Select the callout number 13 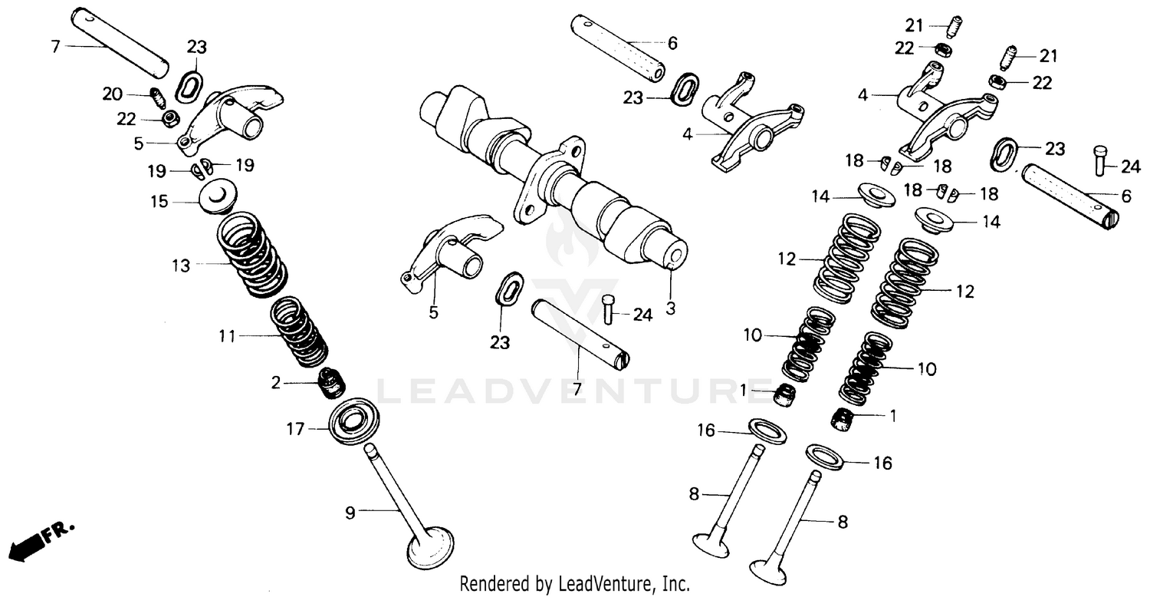180,266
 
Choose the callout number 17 296,430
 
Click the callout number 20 112,94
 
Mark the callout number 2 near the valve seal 276,381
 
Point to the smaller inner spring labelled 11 299,331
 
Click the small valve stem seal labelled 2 330,381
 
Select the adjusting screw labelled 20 156,99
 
